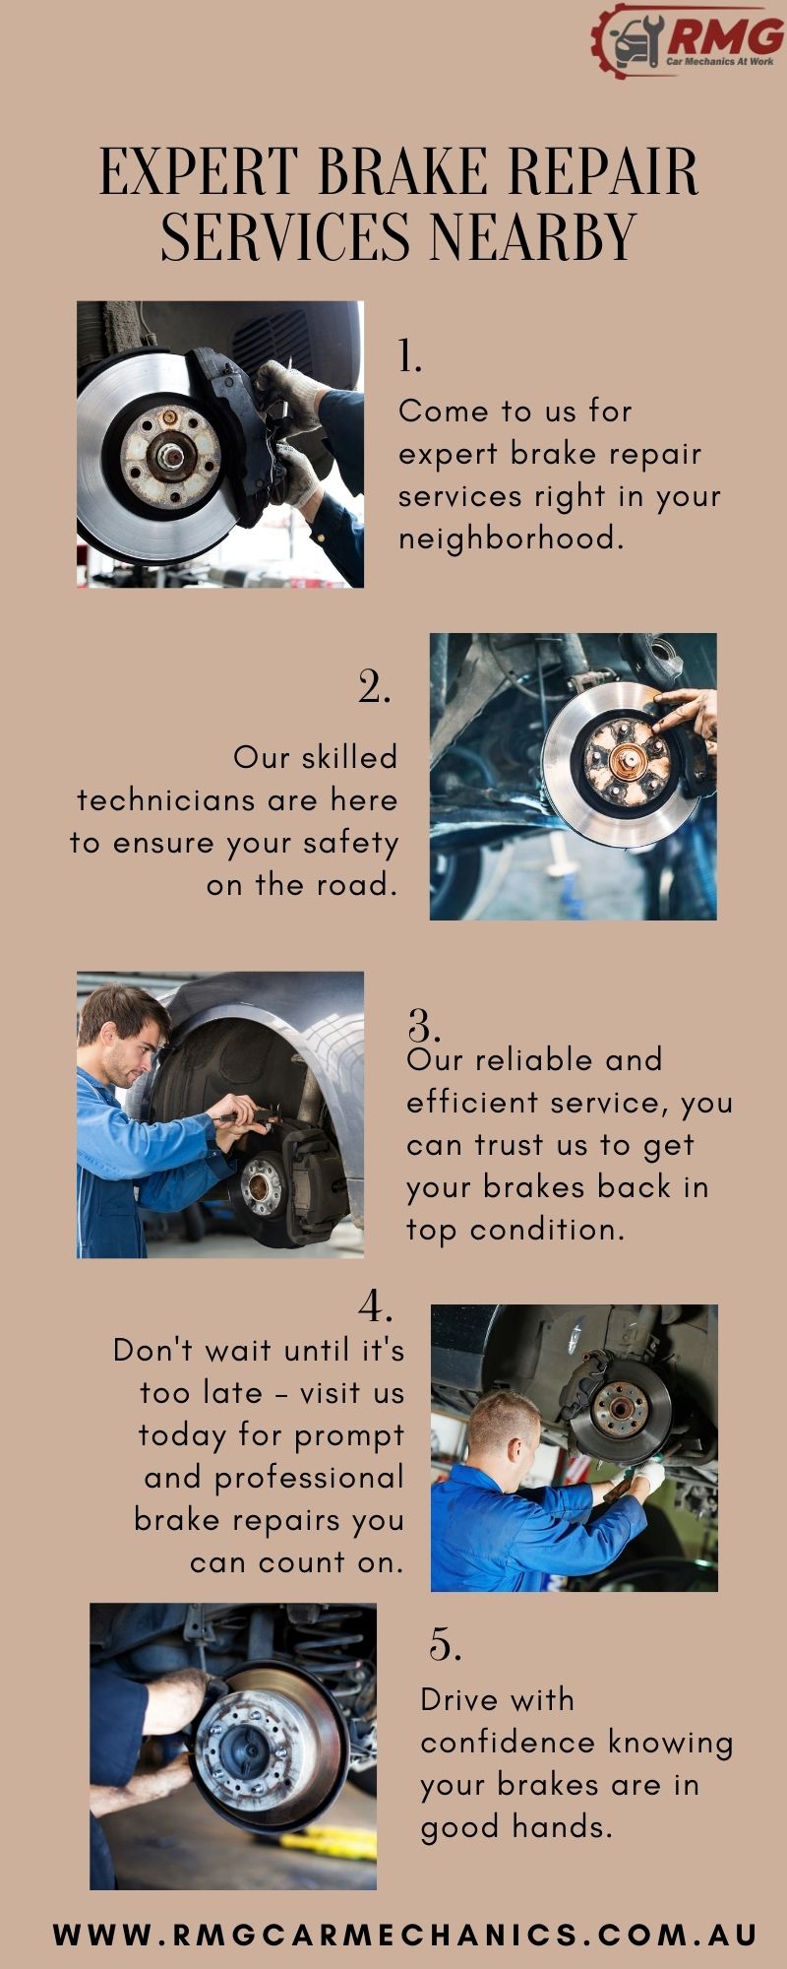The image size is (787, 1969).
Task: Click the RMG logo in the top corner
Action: pos(688,41)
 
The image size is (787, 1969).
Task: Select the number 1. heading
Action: pos(409,355)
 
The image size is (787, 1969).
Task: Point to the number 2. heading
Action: pos(374,686)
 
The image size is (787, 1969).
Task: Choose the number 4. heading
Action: pos(376,1306)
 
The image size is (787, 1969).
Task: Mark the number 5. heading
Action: pos(446,1645)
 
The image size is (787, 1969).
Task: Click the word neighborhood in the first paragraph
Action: pos(511,539)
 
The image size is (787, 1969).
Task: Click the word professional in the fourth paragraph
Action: pos(309,1478)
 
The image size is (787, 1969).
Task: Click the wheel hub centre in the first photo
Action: pos(171,456)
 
